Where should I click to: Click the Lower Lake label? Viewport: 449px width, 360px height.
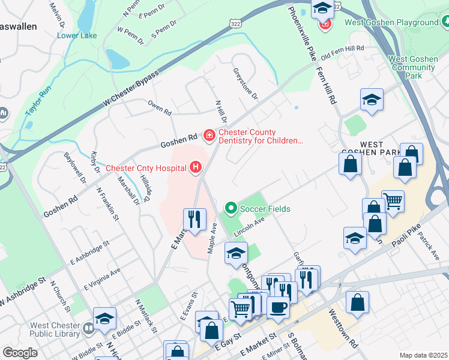(77, 35)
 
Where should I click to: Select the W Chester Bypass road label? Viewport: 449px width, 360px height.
(130, 89)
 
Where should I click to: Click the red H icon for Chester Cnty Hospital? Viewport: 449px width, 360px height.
(195, 167)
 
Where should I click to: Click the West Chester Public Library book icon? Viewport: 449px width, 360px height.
(89, 328)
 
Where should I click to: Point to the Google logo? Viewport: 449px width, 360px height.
(20, 353)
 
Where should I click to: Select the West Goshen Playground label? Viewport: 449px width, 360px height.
(391, 23)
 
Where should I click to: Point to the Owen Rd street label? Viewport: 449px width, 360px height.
(160, 108)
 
